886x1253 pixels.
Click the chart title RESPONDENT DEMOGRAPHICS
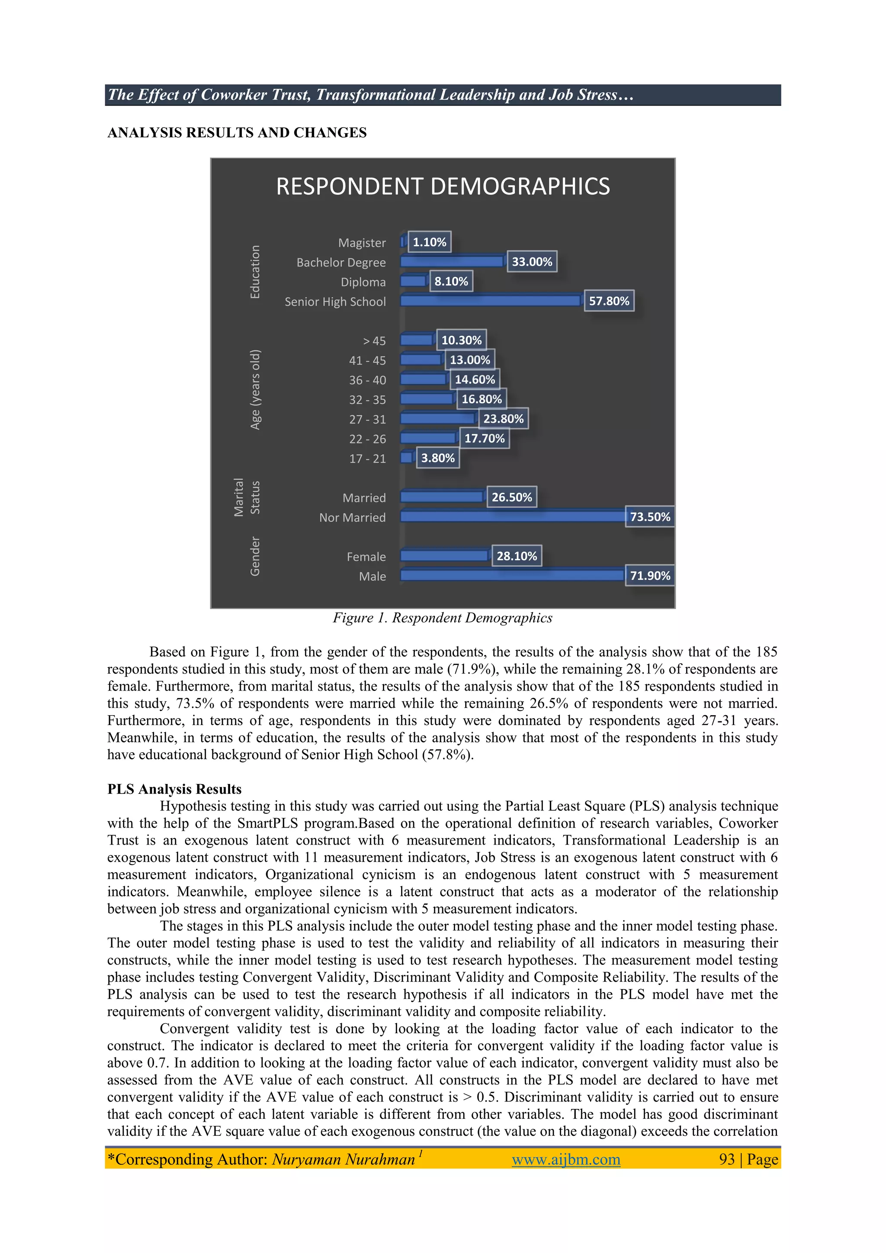443,186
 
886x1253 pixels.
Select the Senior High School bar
491,301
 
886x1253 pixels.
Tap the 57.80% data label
609,301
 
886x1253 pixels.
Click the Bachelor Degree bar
452,261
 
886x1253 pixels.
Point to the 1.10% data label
429,242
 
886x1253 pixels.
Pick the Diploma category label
363,282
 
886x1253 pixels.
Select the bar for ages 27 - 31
437,418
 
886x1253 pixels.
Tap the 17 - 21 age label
367,459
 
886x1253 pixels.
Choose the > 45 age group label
374,341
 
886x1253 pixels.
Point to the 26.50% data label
511,497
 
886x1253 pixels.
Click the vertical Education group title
255,272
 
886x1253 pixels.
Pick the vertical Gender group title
255,556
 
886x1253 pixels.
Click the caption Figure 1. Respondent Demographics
443,618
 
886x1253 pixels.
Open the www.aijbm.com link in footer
566,1159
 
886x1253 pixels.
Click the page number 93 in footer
727,1159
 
